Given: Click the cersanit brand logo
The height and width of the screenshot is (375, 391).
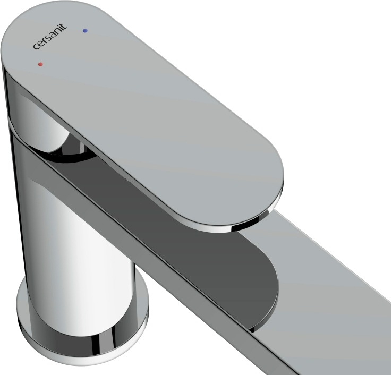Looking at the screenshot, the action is tap(50, 37).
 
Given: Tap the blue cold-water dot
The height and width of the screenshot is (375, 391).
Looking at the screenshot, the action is tap(85, 31).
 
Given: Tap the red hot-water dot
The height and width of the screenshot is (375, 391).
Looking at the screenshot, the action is tap(40, 64).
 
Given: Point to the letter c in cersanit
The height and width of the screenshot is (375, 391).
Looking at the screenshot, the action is tap(36, 46).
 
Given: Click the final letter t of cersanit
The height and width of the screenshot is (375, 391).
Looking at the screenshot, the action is tap(64, 27).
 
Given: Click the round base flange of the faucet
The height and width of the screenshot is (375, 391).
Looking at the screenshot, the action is tap(82, 331).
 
